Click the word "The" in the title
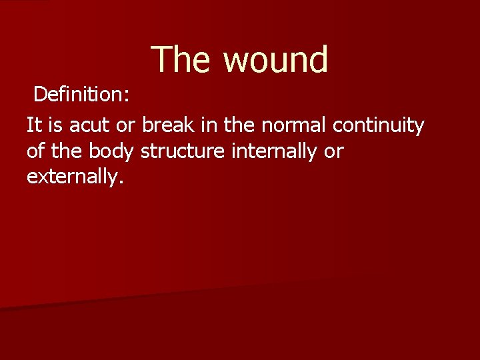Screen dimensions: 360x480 (181, 59)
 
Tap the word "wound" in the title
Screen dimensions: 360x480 (275, 59)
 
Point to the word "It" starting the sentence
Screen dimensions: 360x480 (33, 125)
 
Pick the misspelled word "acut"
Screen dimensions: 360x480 (88, 125)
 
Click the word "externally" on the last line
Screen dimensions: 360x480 (74, 177)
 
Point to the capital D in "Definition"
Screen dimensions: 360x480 (40, 95)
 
